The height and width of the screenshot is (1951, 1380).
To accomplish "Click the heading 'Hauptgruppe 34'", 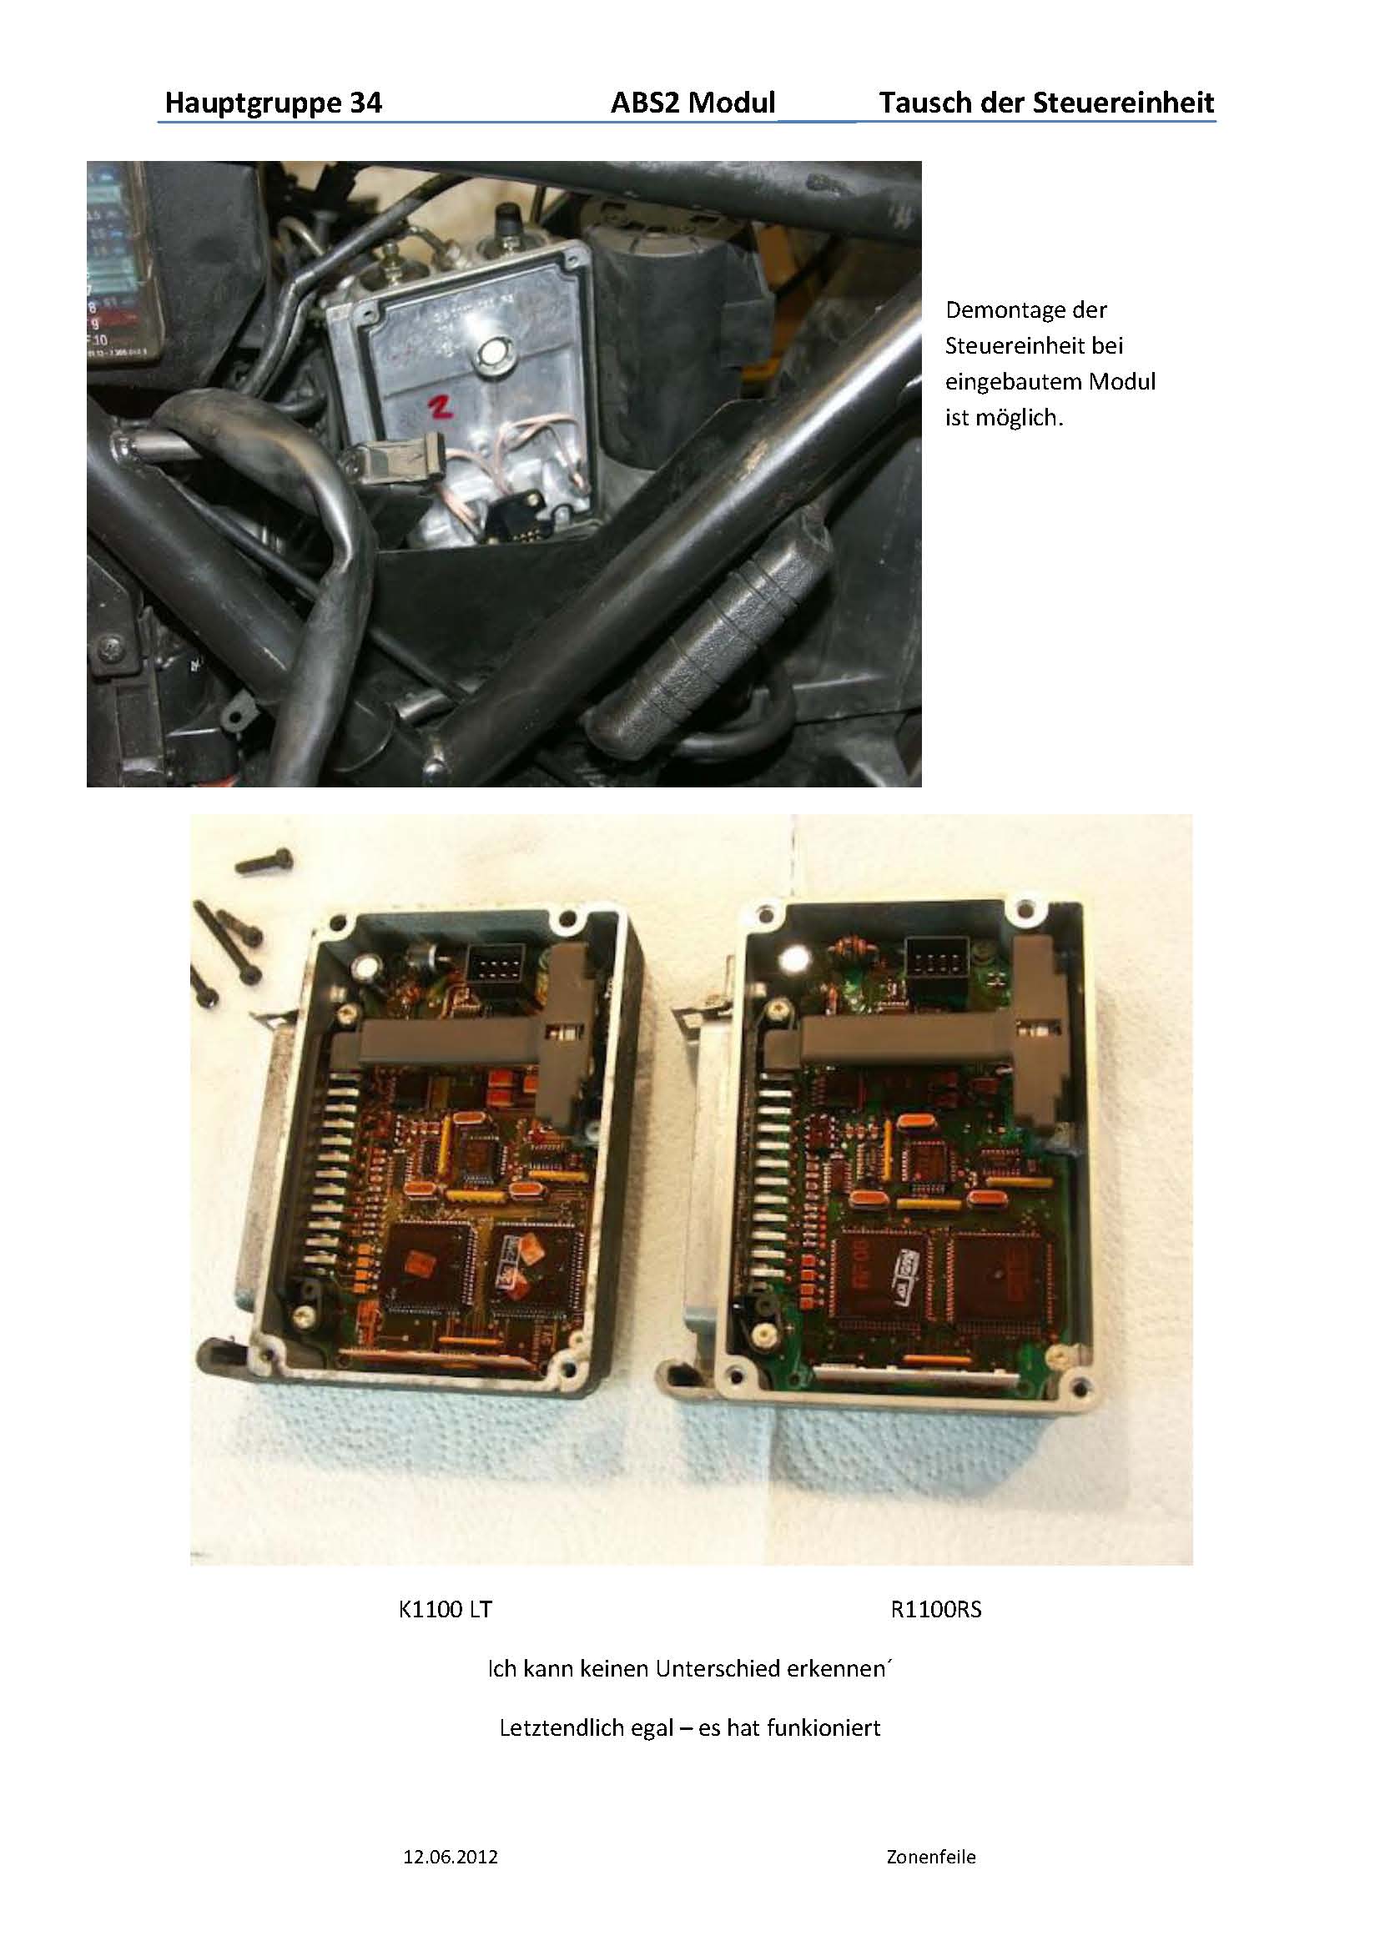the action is (273, 103).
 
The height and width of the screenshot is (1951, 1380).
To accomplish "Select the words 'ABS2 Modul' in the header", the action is (693, 103).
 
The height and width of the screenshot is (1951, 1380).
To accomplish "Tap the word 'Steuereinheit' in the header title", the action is (1123, 103).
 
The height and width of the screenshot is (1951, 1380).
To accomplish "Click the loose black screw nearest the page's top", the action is (264, 862).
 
